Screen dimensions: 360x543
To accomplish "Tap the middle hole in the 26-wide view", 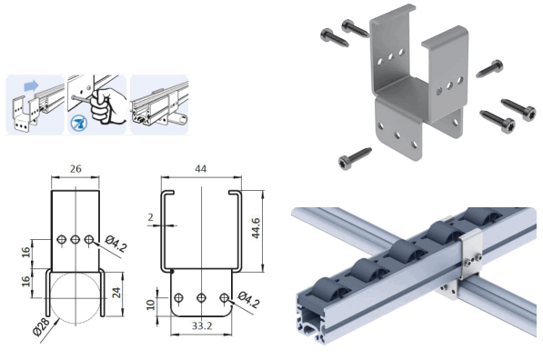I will click(74, 240).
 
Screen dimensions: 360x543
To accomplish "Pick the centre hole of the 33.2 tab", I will click(199, 297).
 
